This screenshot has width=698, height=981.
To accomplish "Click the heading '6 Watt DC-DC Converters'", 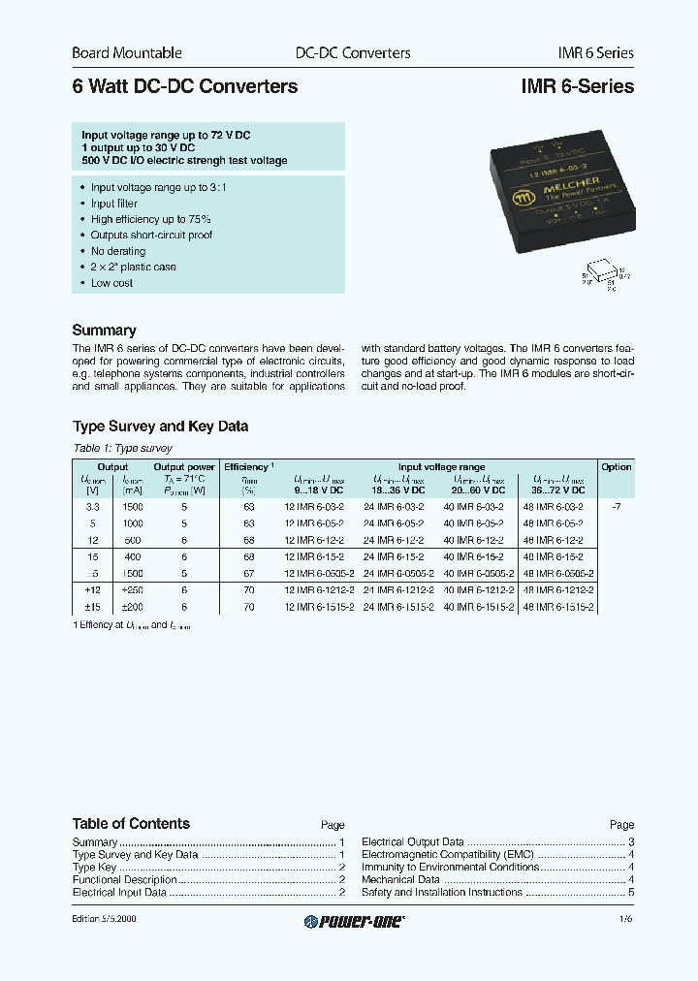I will tap(185, 86).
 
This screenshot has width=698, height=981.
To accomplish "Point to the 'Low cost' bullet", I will tap(111, 283).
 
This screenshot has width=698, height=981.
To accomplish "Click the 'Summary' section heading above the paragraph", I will tap(104, 330).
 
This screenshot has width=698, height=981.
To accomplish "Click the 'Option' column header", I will tap(616, 466).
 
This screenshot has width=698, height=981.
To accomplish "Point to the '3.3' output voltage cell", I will tap(93, 507).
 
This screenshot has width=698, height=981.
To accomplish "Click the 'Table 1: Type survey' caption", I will tap(122, 448).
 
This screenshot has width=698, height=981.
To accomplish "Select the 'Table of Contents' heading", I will tap(131, 824).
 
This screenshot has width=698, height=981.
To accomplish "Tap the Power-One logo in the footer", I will tap(354, 921).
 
